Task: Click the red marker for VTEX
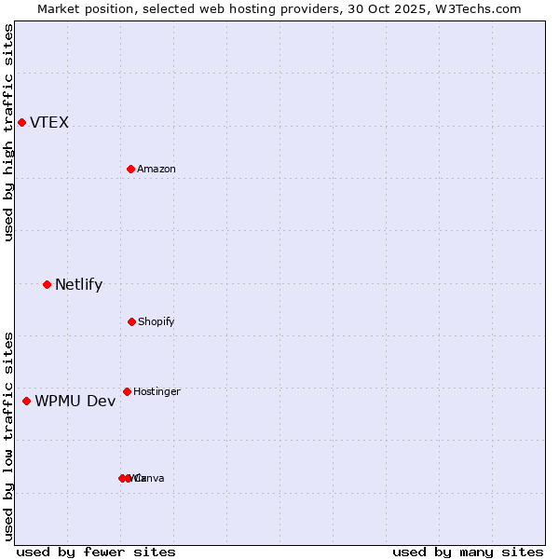(21, 123)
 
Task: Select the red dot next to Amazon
(130, 169)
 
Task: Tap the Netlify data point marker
(47, 284)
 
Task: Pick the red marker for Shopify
(131, 321)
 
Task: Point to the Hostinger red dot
(127, 391)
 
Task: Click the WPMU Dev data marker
(26, 401)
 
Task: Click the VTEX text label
(49, 123)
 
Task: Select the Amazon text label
(157, 170)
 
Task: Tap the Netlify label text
(78, 285)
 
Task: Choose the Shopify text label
(157, 322)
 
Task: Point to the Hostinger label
(157, 392)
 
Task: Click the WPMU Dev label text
(75, 402)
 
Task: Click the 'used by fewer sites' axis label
(96, 552)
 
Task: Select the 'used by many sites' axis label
(468, 552)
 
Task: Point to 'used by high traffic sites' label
(8, 132)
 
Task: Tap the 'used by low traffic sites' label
(8, 436)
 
